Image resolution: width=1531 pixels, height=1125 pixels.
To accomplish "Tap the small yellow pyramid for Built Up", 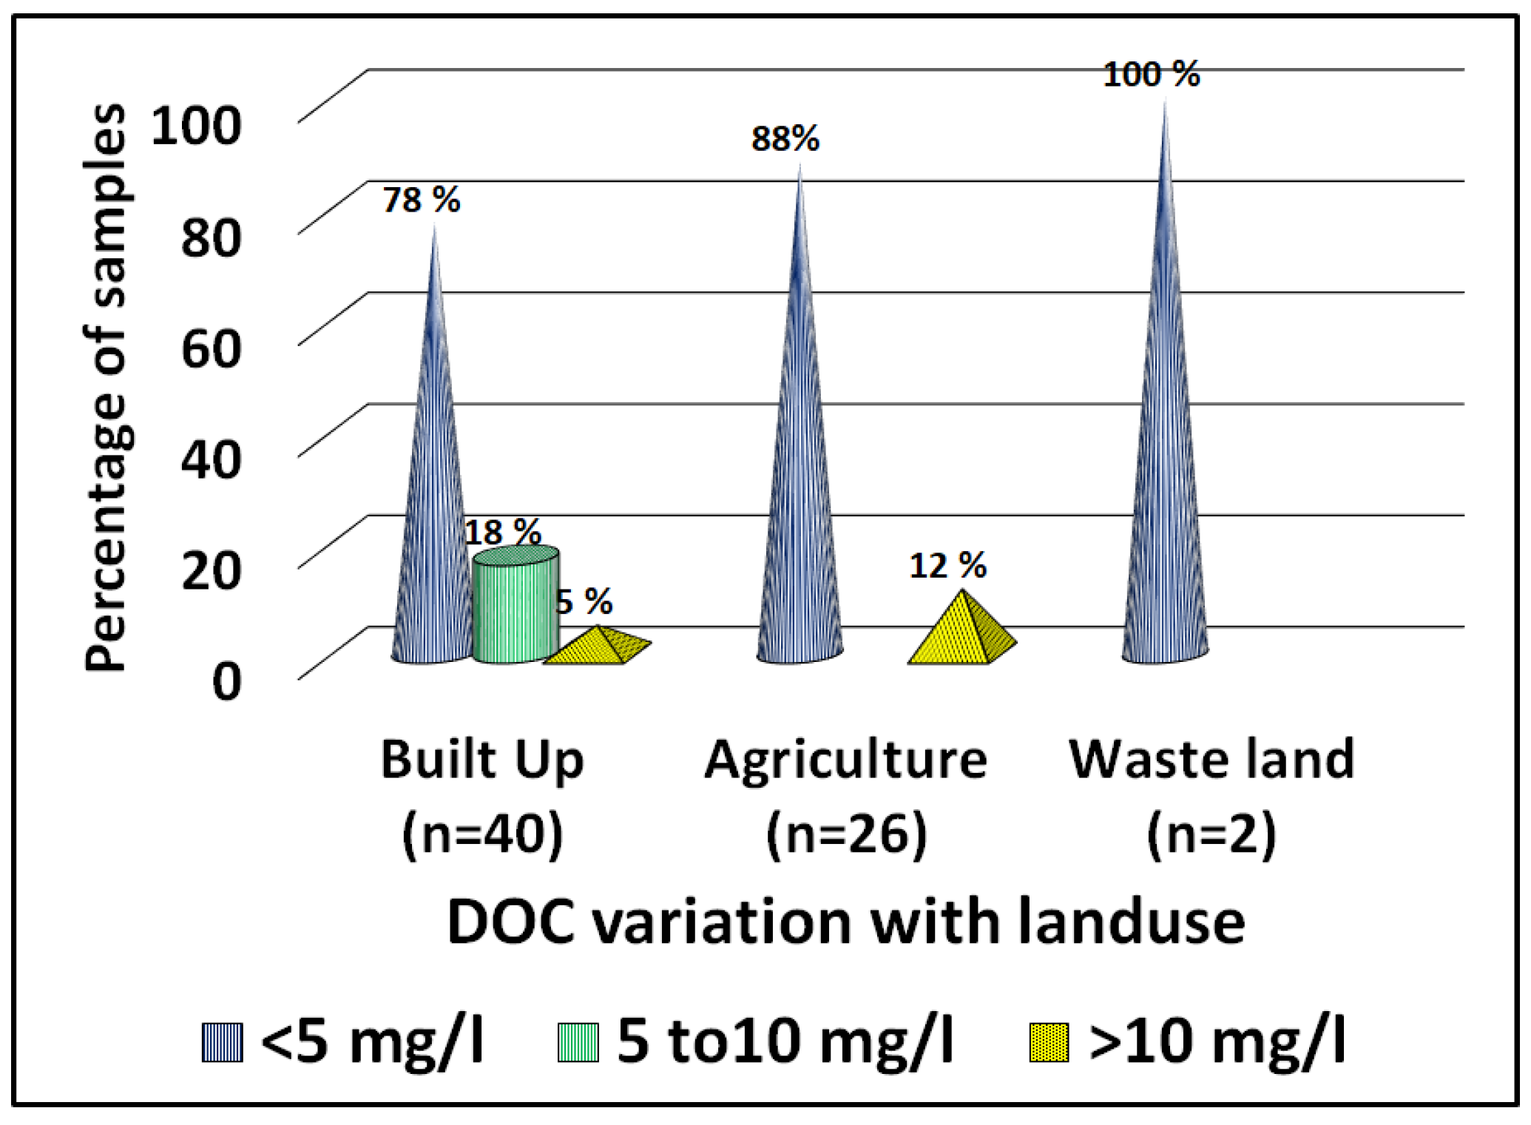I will click(x=599, y=647).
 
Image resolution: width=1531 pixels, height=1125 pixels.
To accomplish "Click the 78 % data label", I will click(x=421, y=200).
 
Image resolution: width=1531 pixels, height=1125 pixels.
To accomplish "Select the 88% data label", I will click(x=785, y=139).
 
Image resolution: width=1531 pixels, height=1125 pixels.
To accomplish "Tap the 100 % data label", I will click(x=1151, y=75).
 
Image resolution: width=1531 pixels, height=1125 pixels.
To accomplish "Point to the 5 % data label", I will click(x=584, y=602).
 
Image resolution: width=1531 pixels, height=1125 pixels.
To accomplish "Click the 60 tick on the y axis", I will click(x=211, y=349).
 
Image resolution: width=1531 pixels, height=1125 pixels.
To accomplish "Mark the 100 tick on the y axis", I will click(x=196, y=126).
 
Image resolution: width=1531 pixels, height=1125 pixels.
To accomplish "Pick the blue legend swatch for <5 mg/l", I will click(x=223, y=1042).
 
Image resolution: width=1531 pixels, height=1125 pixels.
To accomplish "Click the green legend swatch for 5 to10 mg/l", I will click(x=578, y=1042).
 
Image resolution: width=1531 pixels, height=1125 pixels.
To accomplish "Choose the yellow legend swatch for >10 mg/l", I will click(x=1049, y=1042).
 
